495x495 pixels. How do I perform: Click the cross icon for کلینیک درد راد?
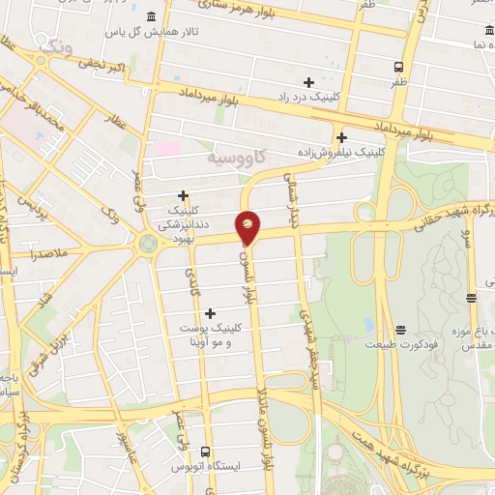[x=308, y=82]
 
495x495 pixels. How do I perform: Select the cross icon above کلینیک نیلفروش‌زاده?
[x=340, y=136]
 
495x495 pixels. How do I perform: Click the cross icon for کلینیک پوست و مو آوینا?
[x=210, y=312]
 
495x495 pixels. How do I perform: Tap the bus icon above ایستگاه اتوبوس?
[x=205, y=451]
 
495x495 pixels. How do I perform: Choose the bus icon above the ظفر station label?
[x=398, y=67]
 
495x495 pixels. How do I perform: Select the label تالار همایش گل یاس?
[x=185, y=33]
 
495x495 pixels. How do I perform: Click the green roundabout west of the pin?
[x=148, y=243]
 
